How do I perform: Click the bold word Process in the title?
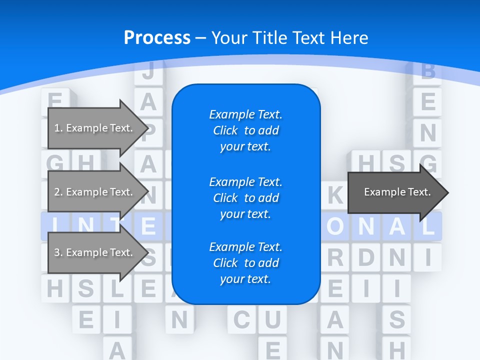[157, 37]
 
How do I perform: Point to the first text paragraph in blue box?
[245, 130]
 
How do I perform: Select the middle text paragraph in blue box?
[245, 197]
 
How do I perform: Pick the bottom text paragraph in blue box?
[245, 263]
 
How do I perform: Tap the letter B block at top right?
[428, 72]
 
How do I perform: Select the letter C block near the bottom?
[241, 319]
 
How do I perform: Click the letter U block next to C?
[272, 319]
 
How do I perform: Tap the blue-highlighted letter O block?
[334, 226]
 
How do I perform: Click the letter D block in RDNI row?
[366, 257]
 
